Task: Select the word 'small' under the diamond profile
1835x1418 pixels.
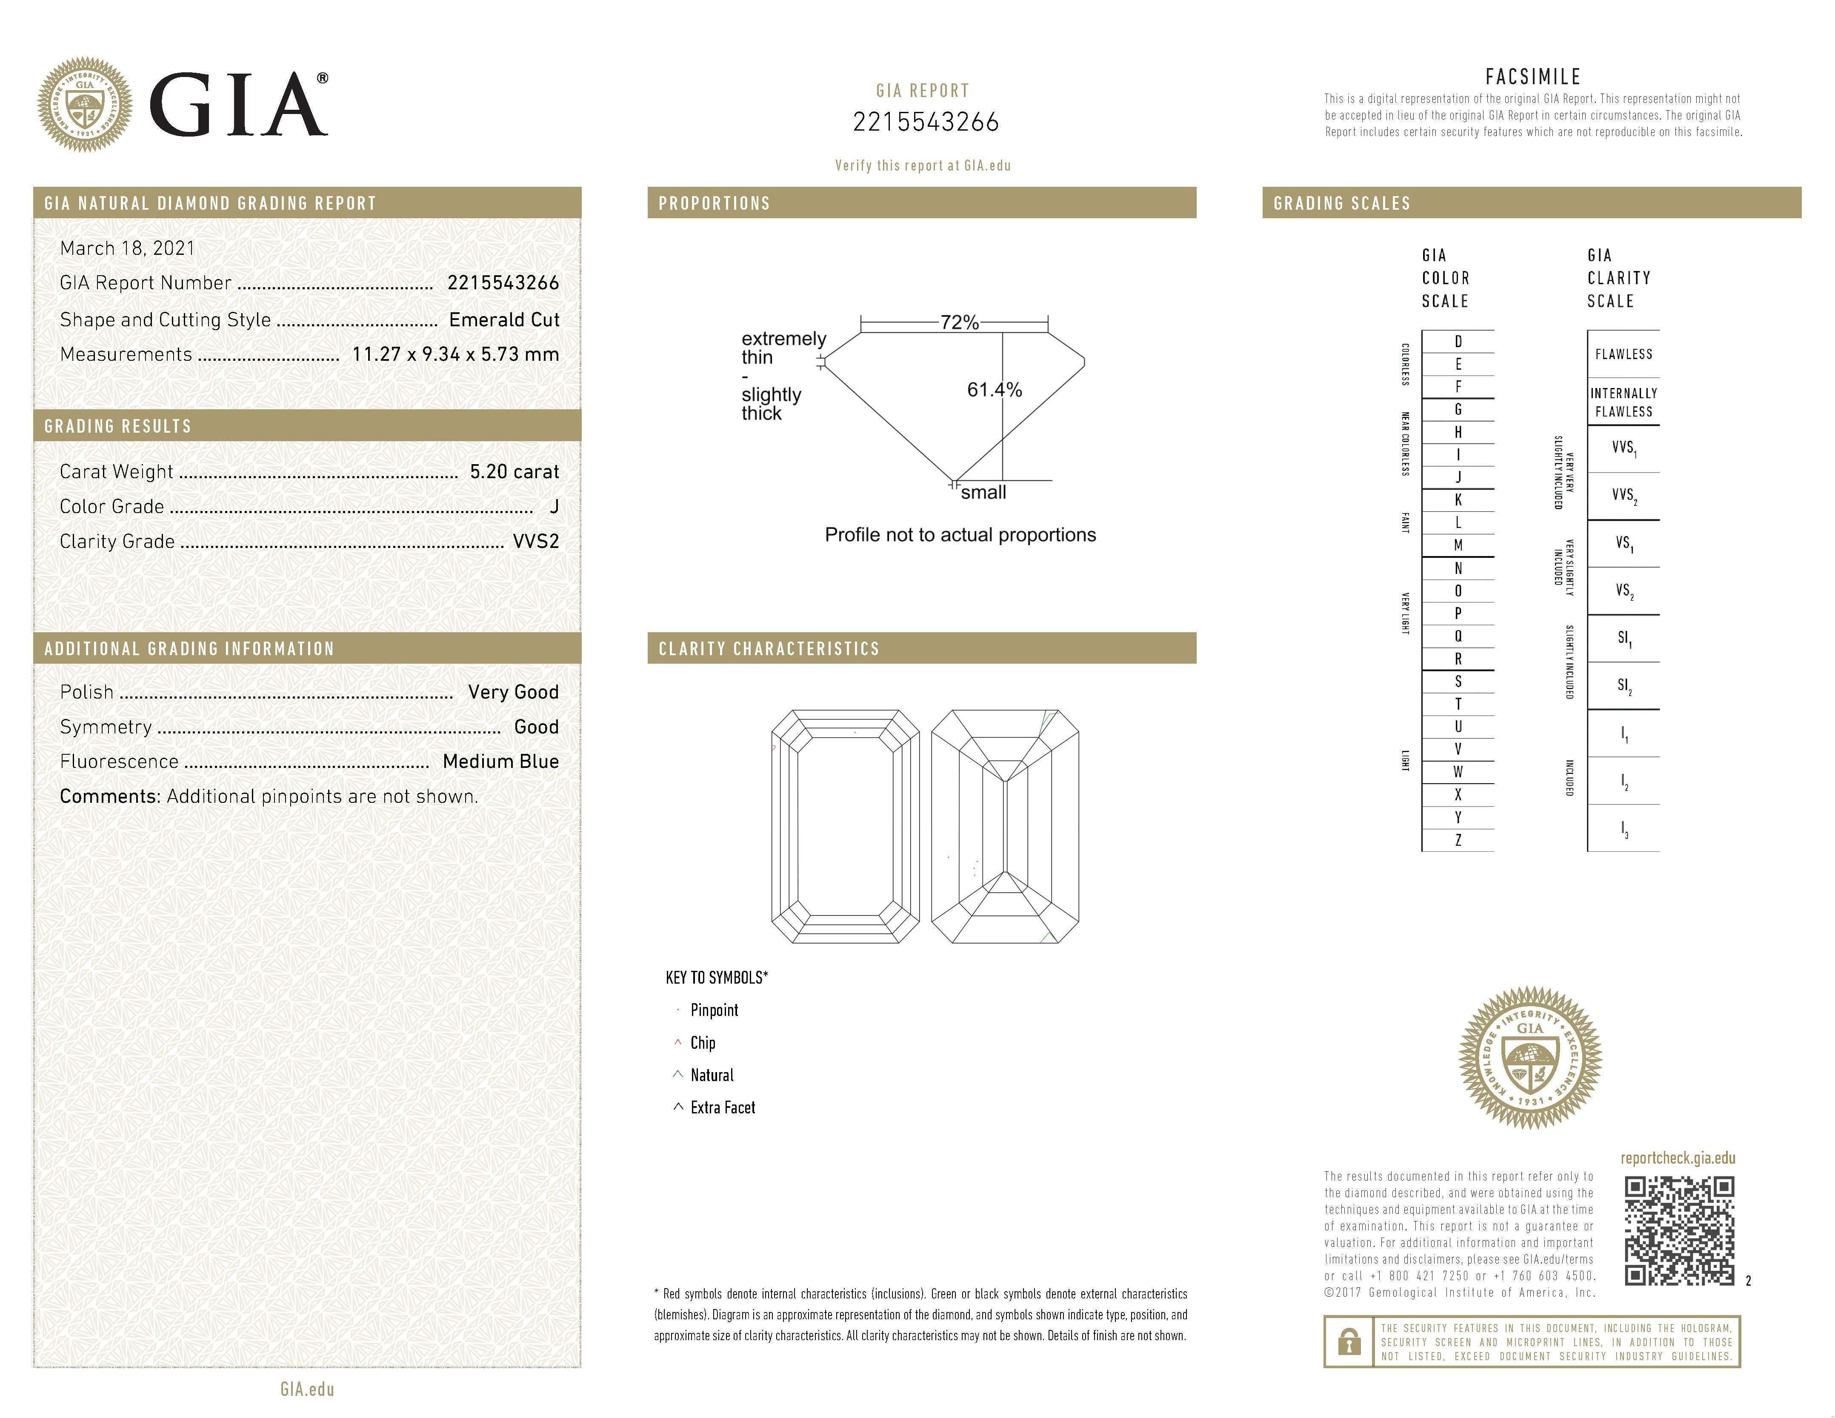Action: (x=983, y=493)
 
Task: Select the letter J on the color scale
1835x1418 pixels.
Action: (x=1458, y=477)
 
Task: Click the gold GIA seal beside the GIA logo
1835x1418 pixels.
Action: (x=85, y=104)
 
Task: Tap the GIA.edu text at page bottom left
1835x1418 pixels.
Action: (x=308, y=1389)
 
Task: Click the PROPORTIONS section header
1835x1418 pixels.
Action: (x=714, y=203)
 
